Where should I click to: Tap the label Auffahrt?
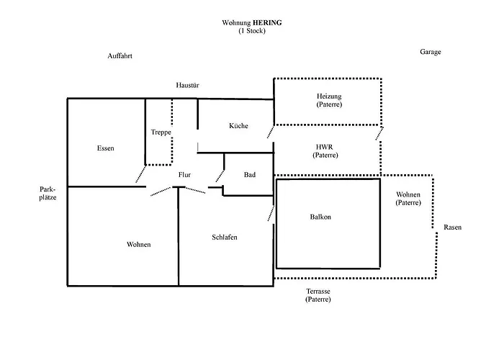[x=120, y=55]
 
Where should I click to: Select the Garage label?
[x=431, y=52]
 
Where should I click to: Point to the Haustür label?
[x=187, y=85]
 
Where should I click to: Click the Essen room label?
[x=105, y=148]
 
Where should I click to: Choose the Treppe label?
[x=161, y=132]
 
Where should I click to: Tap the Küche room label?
[x=238, y=126]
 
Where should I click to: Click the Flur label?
[x=184, y=175]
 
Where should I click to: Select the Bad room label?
[x=250, y=175]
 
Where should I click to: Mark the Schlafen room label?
[x=225, y=237]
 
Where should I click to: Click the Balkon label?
[x=320, y=217]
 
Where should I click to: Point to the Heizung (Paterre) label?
[x=328, y=101]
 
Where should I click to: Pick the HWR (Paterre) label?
[x=325, y=151]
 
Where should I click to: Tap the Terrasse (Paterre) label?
[x=318, y=295]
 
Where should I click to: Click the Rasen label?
[x=452, y=228]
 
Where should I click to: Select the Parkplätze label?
[x=48, y=193]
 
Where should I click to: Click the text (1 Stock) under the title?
[x=252, y=31]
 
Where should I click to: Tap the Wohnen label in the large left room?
[x=138, y=245]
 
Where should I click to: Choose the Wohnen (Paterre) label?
[x=408, y=199]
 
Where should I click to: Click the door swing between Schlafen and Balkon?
[x=271, y=212]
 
